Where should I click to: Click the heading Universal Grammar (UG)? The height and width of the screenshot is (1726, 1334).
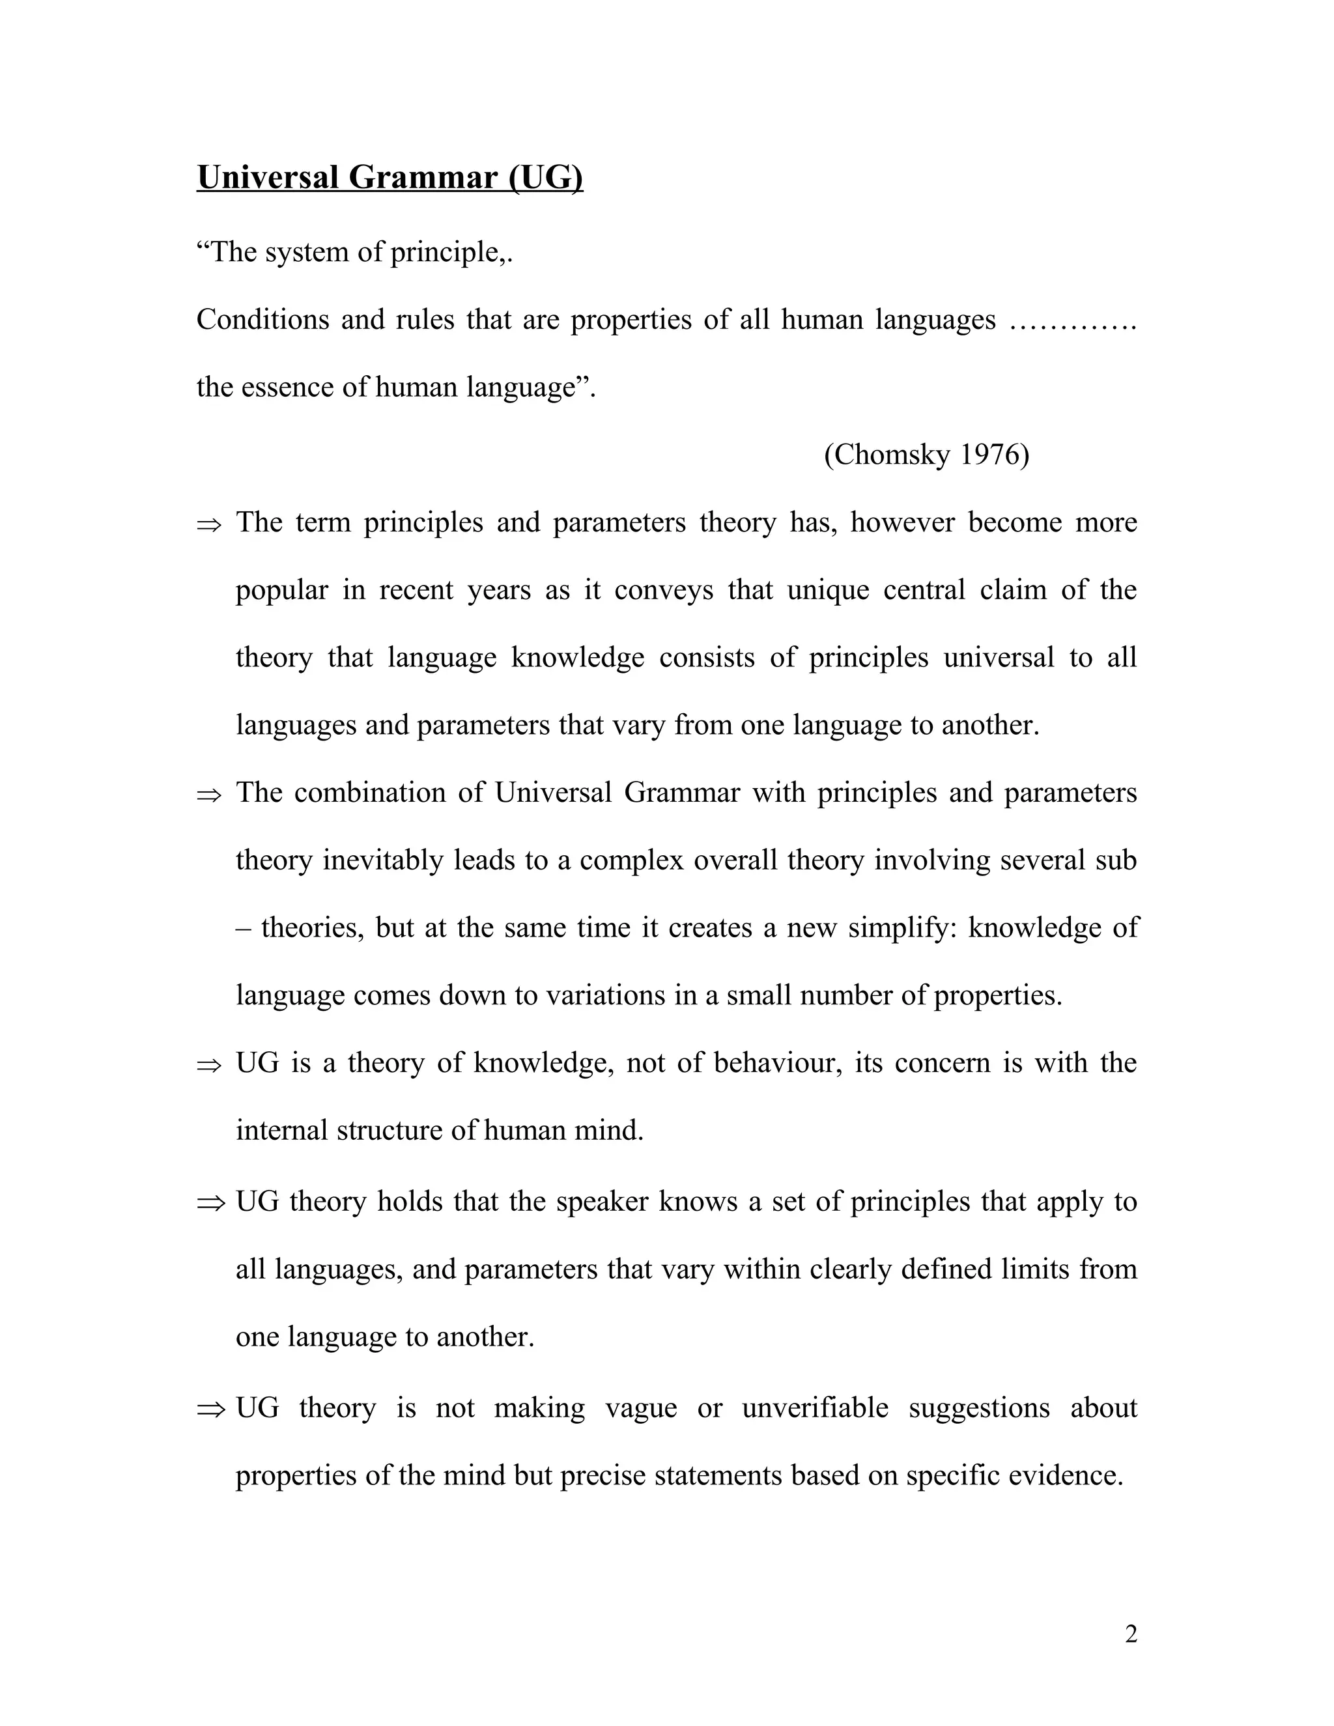pos(390,178)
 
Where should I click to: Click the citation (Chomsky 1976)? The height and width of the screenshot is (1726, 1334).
pos(926,455)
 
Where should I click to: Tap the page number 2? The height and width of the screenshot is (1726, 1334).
pos(1131,1634)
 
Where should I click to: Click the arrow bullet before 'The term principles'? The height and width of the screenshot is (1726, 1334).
pos(210,524)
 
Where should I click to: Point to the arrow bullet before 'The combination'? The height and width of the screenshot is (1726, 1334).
pos(210,794)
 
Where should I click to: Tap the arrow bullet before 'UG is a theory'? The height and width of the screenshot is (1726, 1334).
pos(210,1064)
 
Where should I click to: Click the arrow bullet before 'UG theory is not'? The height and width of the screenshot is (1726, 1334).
pos(210,1408)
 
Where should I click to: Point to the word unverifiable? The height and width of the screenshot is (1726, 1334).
pos(815,1408)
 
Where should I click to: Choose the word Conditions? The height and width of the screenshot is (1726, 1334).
pos(263,320)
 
